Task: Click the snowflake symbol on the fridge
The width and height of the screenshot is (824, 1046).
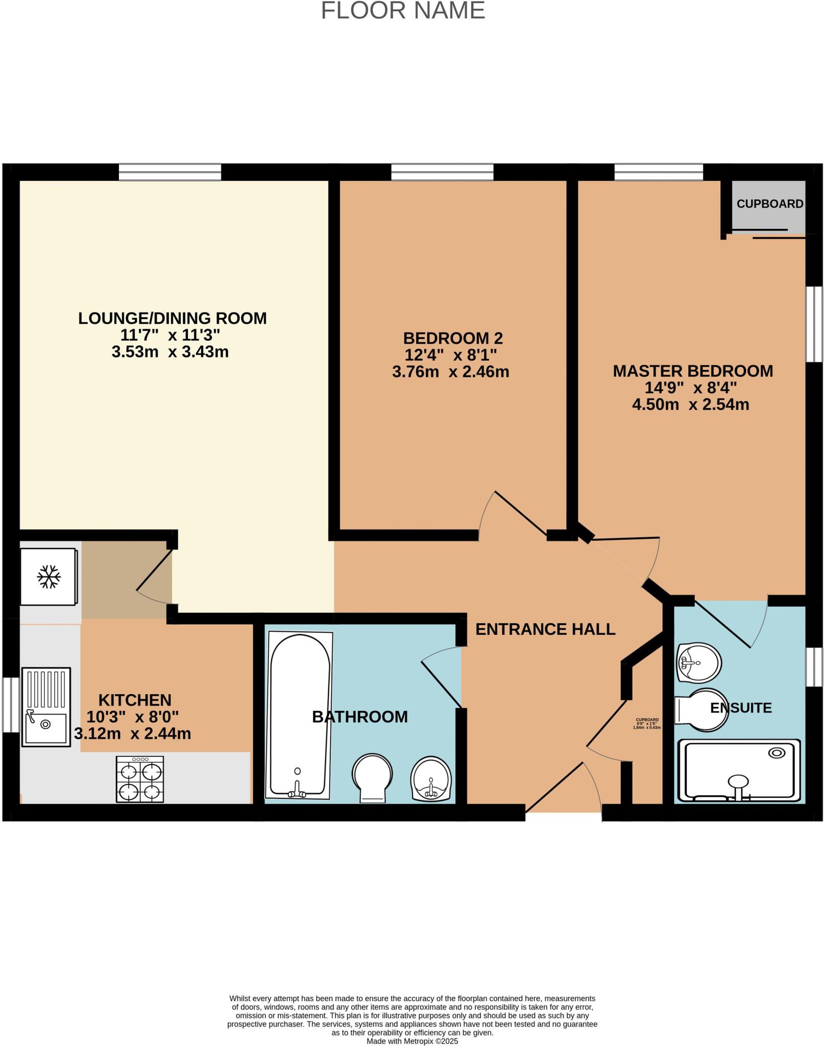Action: click(49, 577)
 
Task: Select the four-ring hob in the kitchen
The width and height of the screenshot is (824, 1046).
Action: click(140, 779)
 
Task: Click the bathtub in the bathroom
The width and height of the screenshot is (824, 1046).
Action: click(299, 715)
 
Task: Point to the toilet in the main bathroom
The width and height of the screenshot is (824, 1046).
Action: click(373, 777)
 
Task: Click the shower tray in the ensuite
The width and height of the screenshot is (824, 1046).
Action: click(739, 771)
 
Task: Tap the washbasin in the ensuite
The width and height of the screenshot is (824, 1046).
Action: click(698, 662)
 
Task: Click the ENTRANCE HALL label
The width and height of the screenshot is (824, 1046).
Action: click(545, 629)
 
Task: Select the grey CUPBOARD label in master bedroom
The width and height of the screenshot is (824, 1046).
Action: click(769, 204)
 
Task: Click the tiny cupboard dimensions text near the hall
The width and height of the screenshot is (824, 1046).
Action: click(646, 723)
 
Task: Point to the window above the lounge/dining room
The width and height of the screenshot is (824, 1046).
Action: click(170, 172)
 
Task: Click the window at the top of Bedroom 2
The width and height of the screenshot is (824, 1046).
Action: click(442, 172)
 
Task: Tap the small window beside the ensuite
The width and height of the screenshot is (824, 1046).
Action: click(814, 667)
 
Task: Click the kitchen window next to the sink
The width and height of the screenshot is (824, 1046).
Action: click(11, 704)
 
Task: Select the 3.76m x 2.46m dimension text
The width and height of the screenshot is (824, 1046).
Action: click(450, 372)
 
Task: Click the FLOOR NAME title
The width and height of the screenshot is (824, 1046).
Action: click(403, 11)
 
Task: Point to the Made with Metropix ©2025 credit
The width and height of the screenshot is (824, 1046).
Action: click(412, 1041)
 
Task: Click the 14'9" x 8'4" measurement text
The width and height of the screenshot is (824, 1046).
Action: click(690, 388)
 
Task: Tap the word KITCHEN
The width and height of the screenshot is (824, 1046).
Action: click(135, 700)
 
